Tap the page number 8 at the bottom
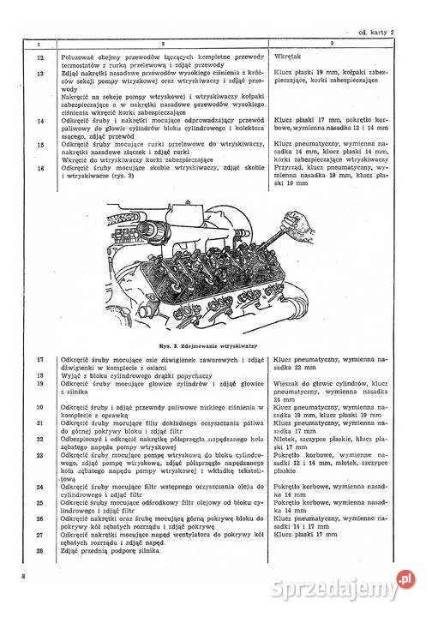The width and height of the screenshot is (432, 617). [x=24, y=602]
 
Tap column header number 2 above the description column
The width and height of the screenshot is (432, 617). [x=163, y=43]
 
